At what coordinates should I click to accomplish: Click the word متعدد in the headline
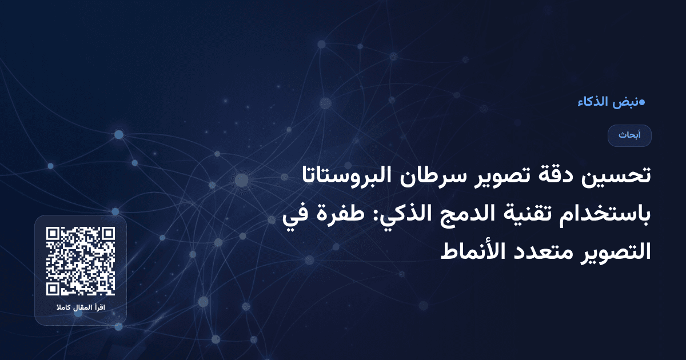538,252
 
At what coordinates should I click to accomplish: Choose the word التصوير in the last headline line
612,252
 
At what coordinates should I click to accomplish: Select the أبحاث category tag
629,135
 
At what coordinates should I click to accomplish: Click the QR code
81,261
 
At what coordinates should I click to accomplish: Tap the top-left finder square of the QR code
54,235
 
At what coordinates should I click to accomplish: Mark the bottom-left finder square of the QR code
54,287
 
